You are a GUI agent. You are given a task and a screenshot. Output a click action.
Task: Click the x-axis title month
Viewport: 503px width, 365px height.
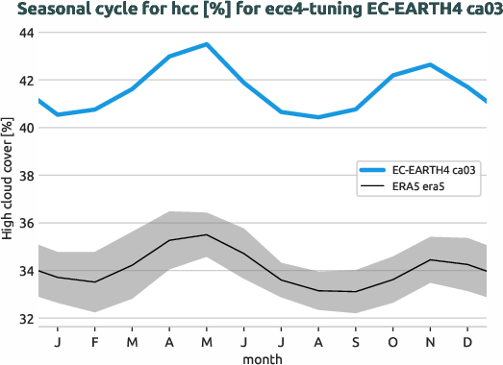point(263,357)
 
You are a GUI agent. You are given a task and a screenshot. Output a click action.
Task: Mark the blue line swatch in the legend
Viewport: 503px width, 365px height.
point(371,170)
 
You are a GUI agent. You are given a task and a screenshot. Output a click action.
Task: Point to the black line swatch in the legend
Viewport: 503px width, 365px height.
point(371,187)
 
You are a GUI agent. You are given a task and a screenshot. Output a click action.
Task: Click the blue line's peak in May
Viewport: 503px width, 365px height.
point(206,44)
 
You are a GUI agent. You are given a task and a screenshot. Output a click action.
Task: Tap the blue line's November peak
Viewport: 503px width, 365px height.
point(430,64)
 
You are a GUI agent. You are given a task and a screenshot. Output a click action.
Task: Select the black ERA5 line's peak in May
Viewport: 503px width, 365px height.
point(206,234)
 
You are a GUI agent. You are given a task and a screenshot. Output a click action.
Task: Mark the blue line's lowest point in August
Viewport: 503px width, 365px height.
point(318,117)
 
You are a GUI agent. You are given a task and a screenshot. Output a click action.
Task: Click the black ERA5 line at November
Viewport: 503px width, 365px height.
point(430,259)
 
